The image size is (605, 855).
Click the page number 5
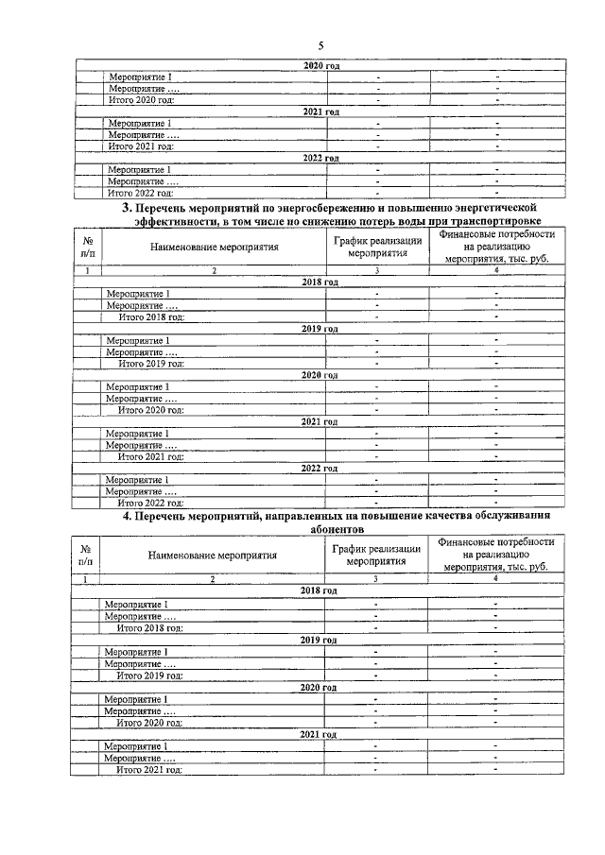coord(320,46)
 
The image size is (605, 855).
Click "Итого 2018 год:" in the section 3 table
coord(149,316)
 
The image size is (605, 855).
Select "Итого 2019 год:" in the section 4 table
coord(149,675)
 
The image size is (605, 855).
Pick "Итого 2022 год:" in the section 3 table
coord(149,503)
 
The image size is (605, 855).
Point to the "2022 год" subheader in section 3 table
coord(320,468)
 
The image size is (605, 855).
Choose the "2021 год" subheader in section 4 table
coord(319,734)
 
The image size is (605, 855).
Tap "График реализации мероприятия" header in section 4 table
coord(376,556)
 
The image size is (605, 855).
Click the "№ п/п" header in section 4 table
coord(87,556)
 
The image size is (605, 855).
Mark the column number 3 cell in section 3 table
coord(377,271)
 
